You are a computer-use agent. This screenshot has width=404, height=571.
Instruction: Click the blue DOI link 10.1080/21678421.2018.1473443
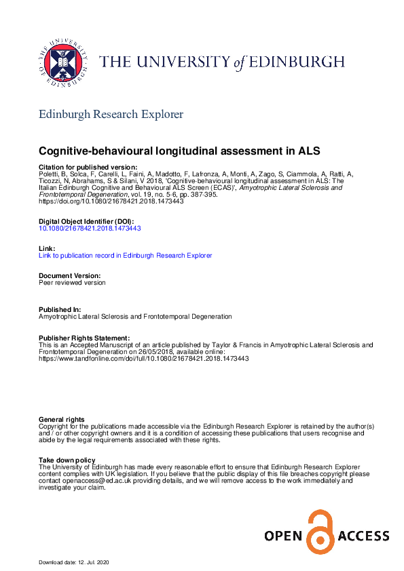[90, 229]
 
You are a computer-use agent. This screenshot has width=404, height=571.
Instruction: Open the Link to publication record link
[126, 256]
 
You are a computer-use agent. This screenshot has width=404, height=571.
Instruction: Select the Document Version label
[70, 276]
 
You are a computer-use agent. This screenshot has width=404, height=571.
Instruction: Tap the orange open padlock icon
[320, 531]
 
